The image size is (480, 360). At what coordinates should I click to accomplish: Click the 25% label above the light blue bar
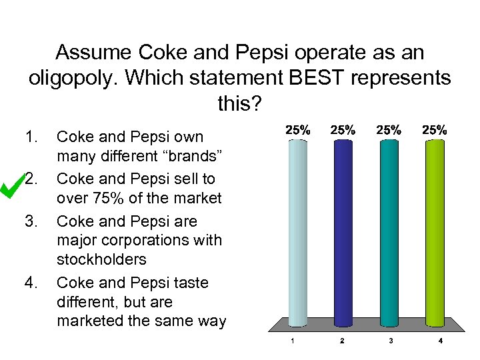(x=297, y=131)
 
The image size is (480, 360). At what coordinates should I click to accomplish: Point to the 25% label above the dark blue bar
(x=343, y=131)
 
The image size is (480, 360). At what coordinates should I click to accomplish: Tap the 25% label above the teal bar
(x=389, y=131)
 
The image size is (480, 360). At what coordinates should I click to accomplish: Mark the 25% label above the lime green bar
(x=434, y=131)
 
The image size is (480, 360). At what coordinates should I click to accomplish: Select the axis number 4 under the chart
(x=441, y=341)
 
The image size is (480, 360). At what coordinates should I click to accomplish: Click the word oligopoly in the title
(x=71, y=78)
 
